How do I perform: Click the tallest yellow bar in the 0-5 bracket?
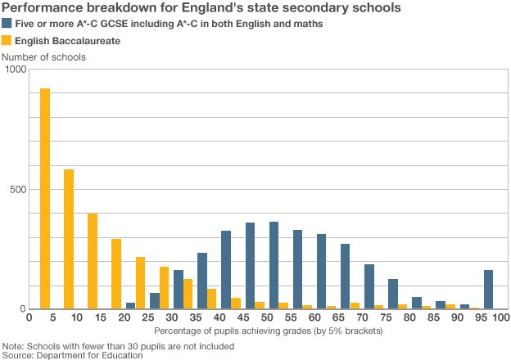click(x=45, y=199)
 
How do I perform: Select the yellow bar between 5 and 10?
click(x=69, y=239)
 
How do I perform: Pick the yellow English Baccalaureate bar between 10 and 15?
click(x=93, y=261)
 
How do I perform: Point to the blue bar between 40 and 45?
click(x=226, y=270)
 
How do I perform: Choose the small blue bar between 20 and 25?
click(x=130, y=305)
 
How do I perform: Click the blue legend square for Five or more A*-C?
click(x=7, y=25)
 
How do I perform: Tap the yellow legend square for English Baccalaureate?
click(x=7, y=40)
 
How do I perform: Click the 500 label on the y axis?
click(x=17, y=189)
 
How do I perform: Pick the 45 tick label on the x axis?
click(x=243, y=317)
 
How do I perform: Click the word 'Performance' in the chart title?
click(x=43, y=8)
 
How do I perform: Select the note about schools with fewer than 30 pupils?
click(x=119, y=345)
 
